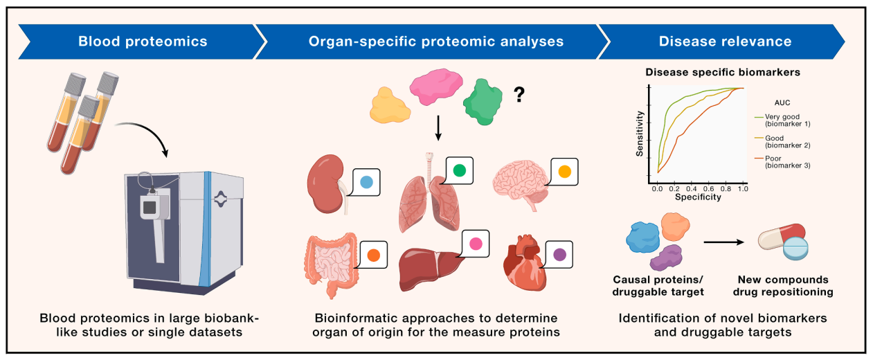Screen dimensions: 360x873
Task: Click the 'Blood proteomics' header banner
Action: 142,42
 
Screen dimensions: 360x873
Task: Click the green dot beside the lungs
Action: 459,169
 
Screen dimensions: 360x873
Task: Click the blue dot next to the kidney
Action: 367,182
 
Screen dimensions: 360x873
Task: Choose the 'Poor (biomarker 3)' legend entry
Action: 787,161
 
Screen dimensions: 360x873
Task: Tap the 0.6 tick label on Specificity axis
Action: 707,188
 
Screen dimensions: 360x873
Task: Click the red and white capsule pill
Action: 780,237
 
